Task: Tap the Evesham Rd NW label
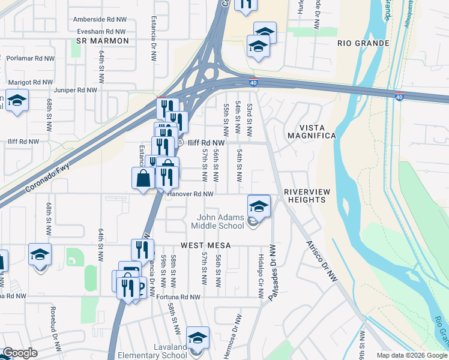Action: click(99, 31)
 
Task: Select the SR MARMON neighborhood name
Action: click(103, 41)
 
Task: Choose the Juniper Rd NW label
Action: click(75, 90)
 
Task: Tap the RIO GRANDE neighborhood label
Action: click(363, 44)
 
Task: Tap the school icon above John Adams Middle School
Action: click(259, 206)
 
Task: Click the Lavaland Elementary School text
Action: click(153, 355)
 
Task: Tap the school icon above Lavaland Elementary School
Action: click(197, 337)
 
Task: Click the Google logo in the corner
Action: click(20, 353)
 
